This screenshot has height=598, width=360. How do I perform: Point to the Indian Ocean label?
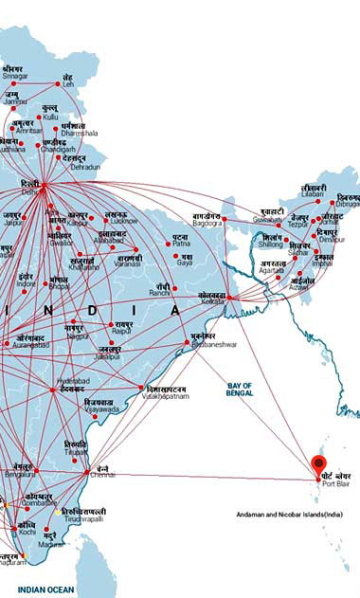coord(45,589)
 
